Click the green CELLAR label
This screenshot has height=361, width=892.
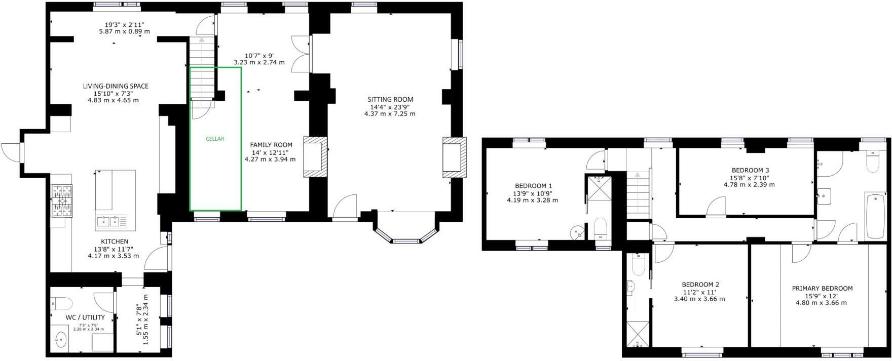(215, 139)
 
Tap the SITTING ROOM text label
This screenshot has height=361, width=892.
(390, 99)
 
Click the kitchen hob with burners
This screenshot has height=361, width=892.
(62, 200)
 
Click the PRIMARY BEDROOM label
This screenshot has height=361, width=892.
(822, 289)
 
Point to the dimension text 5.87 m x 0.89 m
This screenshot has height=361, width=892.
(124, 31)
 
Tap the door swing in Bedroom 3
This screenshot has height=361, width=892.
(716, 207)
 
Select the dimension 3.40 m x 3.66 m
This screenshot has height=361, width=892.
(699, 299)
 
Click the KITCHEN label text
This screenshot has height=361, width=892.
(115, 242)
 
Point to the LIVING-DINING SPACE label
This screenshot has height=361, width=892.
(116, 86)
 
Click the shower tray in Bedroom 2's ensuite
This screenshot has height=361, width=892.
(637, 335)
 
